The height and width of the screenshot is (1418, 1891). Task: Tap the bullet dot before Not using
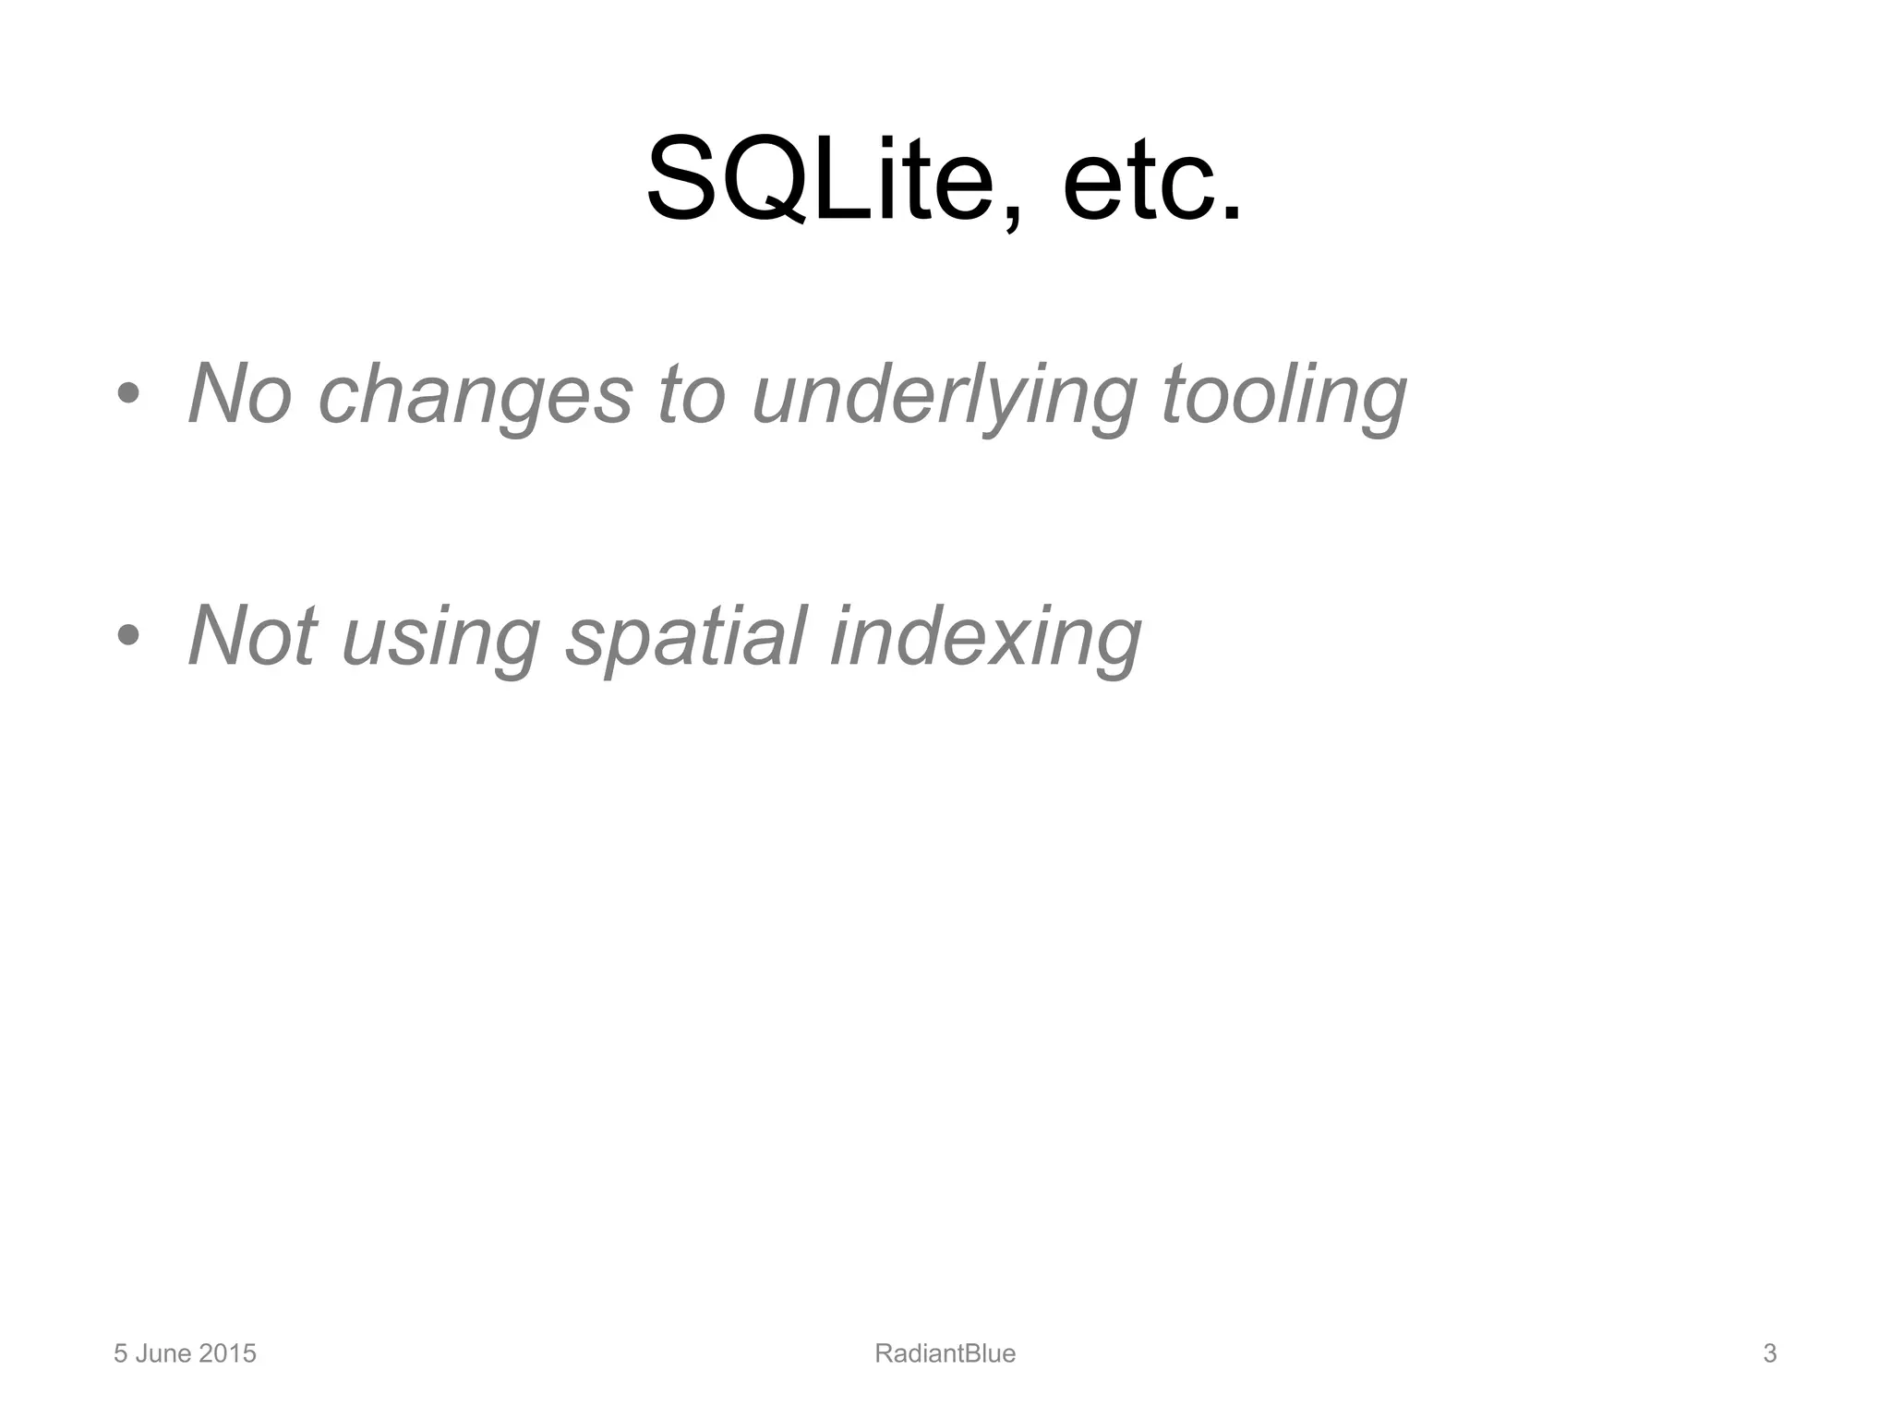(128, 635)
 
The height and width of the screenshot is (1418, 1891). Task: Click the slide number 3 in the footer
(1769, 1353)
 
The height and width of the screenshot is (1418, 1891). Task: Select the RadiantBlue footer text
(945, 1353)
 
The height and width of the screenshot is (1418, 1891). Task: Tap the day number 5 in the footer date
(120, 1353)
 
